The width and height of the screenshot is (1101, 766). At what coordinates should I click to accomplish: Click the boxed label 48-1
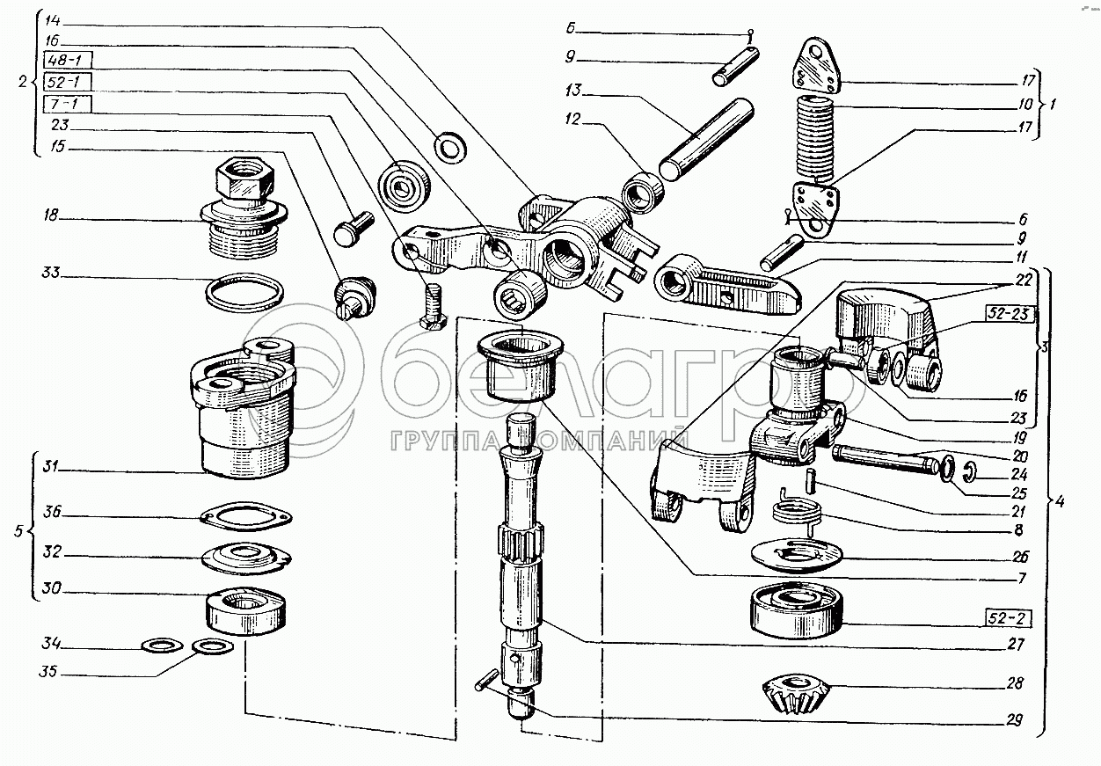[68, 60]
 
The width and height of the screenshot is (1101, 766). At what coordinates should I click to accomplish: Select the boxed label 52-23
[1009, 314]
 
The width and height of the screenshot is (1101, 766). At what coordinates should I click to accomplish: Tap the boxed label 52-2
[1007, 618]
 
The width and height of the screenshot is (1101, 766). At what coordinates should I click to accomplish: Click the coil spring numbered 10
[815, 142]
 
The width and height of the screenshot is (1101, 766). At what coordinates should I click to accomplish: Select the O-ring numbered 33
[244, 293]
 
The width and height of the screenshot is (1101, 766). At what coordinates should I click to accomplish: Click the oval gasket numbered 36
[245, 516]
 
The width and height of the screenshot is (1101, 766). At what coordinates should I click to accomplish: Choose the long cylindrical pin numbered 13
[706, 139]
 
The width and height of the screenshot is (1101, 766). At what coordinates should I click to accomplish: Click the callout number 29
[1014, 719]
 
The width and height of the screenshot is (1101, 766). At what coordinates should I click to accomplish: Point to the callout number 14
[53, 20]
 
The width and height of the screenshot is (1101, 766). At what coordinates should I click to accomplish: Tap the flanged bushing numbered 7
[521, 367]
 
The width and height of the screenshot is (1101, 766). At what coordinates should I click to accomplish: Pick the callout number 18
[51, 215]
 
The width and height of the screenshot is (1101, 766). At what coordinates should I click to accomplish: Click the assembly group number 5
[18, 531]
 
